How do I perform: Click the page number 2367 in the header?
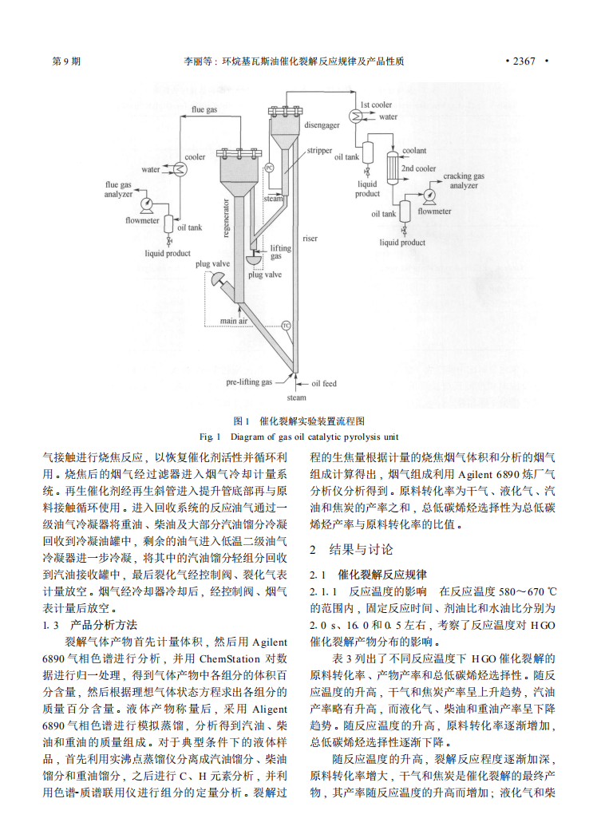523,61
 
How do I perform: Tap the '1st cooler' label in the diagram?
376,105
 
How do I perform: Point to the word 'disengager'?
322,126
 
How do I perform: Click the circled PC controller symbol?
269,168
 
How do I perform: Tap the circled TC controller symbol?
285,325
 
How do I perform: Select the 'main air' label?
235,322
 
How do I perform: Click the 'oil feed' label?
323,382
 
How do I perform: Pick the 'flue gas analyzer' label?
119,189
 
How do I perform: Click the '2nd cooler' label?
418,168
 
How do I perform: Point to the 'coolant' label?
413,150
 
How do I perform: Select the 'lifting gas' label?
281,252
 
